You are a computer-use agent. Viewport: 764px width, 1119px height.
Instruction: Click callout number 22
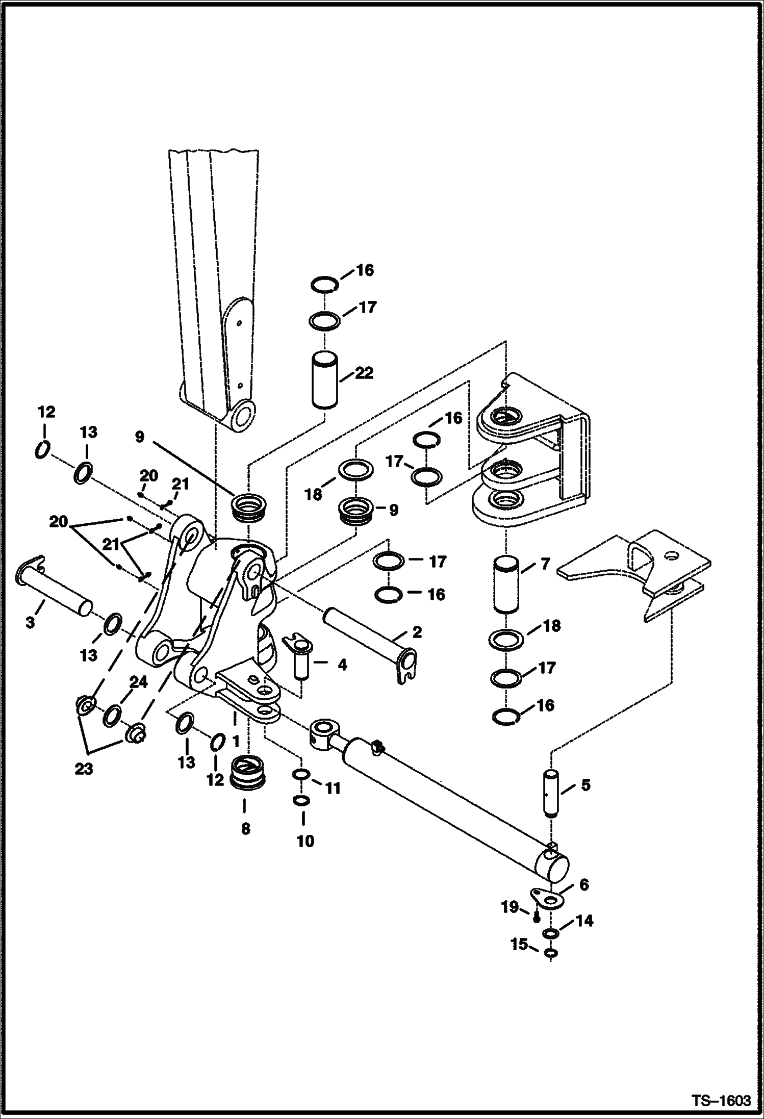364,373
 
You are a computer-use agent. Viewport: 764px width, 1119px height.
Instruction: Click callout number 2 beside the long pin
417,633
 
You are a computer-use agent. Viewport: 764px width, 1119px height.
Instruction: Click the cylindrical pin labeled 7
506,584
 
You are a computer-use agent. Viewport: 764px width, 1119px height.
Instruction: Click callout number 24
138,682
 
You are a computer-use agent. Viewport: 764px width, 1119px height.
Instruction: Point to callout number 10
305,841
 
